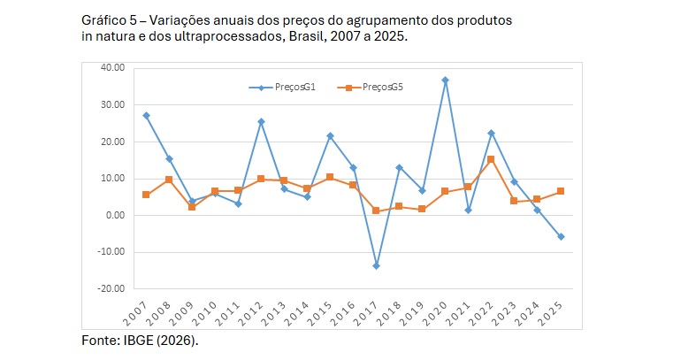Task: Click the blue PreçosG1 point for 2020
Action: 445,80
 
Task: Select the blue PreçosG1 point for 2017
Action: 376,265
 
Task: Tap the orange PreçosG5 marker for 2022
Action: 491,159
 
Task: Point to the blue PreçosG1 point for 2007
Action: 146,116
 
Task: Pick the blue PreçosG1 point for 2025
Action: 560,236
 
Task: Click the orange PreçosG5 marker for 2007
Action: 146,195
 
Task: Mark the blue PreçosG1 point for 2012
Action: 261,121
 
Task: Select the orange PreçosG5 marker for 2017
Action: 376,211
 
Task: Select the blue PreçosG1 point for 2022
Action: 491,133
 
